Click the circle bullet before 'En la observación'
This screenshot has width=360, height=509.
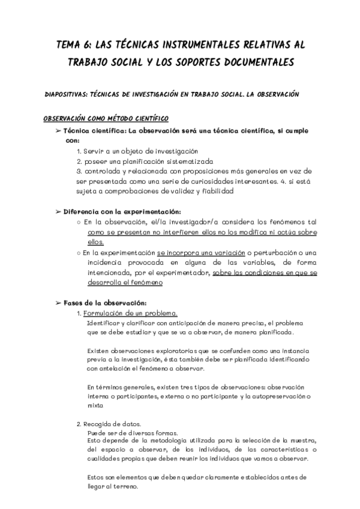click(79, 222)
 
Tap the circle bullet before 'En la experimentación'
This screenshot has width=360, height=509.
click(79, 253)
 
